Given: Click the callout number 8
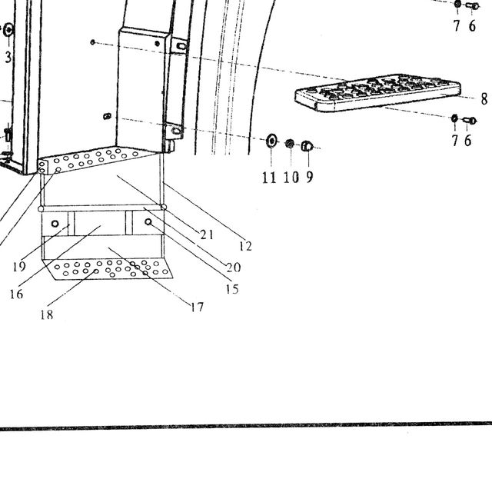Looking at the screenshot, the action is [x=484, y=99].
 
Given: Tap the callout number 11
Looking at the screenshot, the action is [x=269, y=178].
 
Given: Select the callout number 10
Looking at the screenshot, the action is [x=291, y=178].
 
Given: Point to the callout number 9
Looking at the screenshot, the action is [x=309, y=177].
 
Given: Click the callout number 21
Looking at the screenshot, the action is [x=207, y=234].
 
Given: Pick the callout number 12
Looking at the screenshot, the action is [x=245, y=246].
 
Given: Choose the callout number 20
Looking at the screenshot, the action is [x=234, y=268].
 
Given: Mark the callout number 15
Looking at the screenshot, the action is [x=232, y=289].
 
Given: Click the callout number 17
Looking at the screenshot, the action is [x=198, y=307].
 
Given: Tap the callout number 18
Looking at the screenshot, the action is [x=47, y=314].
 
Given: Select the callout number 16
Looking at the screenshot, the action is [x=16, y=294].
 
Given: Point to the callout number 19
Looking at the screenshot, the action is [x=19, y=267].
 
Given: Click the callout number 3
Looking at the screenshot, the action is [x=8, y=57].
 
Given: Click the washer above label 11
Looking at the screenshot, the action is [x=271, y=140].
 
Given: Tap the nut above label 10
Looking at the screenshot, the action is [x=290, y=144].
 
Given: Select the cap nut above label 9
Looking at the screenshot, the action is [x=307, y=146].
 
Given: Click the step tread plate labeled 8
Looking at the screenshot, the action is [x=377, y=93].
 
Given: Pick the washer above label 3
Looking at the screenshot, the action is [x=8, y=31].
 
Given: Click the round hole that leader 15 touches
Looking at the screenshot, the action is [x=148, y=222].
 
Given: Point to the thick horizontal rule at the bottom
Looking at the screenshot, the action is [x=246, y=426].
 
